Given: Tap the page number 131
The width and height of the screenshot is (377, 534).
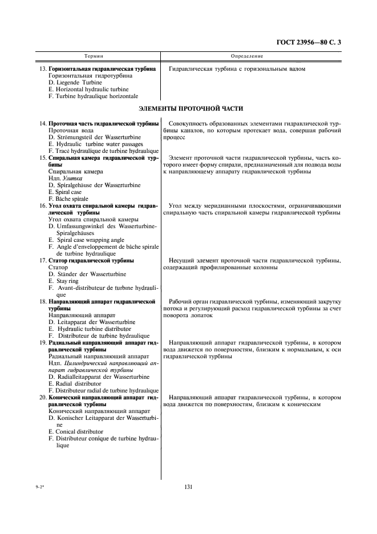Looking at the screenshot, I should pos(189,487).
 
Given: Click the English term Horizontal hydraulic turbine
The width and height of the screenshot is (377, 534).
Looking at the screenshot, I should pos(91,90).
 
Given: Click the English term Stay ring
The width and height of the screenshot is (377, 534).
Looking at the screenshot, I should pos(67,281).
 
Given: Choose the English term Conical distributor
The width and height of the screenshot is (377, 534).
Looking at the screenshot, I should pos(79,432).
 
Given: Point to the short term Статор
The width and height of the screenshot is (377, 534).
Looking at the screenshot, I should pos(59,268).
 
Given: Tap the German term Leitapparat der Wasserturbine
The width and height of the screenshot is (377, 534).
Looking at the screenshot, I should pos(88,322).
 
